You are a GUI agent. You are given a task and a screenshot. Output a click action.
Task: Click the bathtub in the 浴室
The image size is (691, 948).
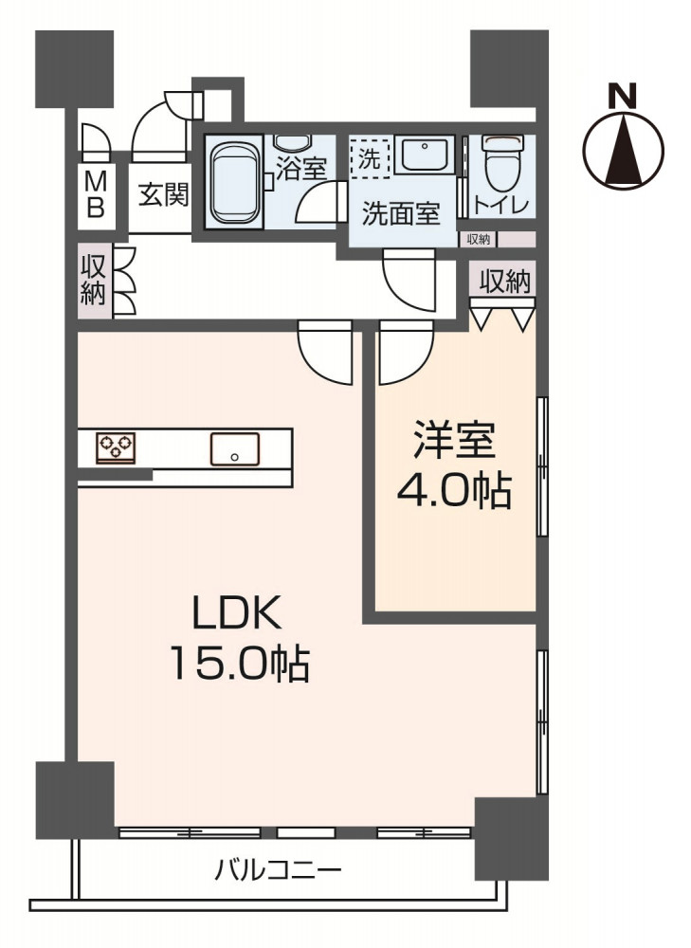[x=234, y=181]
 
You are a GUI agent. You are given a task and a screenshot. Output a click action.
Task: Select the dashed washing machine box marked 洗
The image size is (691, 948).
[x=370, y=159]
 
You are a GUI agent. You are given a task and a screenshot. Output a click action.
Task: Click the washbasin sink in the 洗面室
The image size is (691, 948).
[x=425, y=155]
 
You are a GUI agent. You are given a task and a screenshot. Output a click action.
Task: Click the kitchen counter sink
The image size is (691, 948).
[x=235, y=449]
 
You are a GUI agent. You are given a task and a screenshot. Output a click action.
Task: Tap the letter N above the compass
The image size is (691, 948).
[x=622, y=96]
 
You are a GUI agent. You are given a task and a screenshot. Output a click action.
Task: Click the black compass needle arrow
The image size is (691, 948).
[x=624, y=149]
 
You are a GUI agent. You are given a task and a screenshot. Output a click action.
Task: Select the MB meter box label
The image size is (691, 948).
[x=96, y=194]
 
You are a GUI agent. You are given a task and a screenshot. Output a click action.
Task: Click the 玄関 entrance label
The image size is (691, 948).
[x=163, y=194]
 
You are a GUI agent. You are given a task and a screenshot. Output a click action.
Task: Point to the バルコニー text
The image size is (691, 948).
[x=279, y=870]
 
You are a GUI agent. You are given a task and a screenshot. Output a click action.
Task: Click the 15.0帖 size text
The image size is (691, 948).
[x=240, y=664]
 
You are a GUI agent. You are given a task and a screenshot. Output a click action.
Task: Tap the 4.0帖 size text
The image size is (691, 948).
[x=455, y=490]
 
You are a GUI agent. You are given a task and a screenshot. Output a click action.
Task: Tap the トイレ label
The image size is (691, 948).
[x=501, y=206]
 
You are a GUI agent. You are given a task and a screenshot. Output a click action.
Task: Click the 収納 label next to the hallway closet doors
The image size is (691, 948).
[x=94, y=280]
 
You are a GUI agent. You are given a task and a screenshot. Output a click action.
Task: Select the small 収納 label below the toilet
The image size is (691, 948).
[x=478, y=239]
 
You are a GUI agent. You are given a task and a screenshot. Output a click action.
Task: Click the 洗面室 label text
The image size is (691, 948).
[x=401, y=213]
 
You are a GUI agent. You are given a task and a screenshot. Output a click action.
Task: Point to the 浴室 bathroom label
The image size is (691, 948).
[x=301, y=168]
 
